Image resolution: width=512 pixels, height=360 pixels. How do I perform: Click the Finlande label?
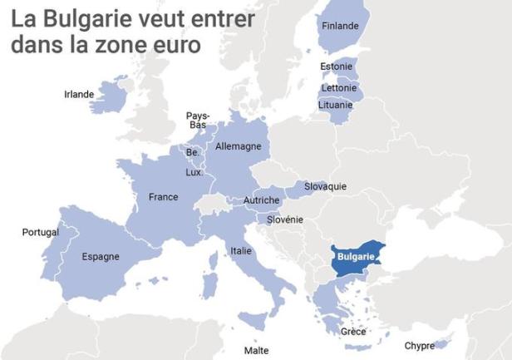click(340, 26)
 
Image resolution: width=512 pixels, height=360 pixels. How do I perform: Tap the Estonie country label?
click(337, 67)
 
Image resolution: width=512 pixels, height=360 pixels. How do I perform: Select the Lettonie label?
click(338, 87)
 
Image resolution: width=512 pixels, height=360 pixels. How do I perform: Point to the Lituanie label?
click(336, 105)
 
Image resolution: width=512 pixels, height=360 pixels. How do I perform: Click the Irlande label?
click(79, 94)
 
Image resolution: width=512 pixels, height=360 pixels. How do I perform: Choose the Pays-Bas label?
click(198, 121)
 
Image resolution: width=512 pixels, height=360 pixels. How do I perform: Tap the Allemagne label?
click(238, 146)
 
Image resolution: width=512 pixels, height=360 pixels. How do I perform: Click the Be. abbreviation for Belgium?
click(193, 153)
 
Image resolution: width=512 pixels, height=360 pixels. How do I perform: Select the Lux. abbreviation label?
click(194, 172)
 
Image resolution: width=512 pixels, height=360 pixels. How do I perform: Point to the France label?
click(163, 197)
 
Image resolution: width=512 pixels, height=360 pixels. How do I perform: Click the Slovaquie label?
click(325, 186)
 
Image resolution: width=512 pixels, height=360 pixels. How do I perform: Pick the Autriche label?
click(262, 200)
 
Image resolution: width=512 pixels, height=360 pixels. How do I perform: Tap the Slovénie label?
click(285, 219)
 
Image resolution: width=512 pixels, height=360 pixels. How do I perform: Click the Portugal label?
click(40, 232)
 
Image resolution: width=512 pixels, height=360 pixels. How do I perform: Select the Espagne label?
click(101, 256)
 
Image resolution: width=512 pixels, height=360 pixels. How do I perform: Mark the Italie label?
click(241, 250)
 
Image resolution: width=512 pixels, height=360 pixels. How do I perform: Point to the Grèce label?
click(353, 332)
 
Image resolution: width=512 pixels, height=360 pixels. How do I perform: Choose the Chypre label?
click(419, 346)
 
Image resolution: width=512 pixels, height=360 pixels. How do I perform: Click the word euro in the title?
click(172, 45)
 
